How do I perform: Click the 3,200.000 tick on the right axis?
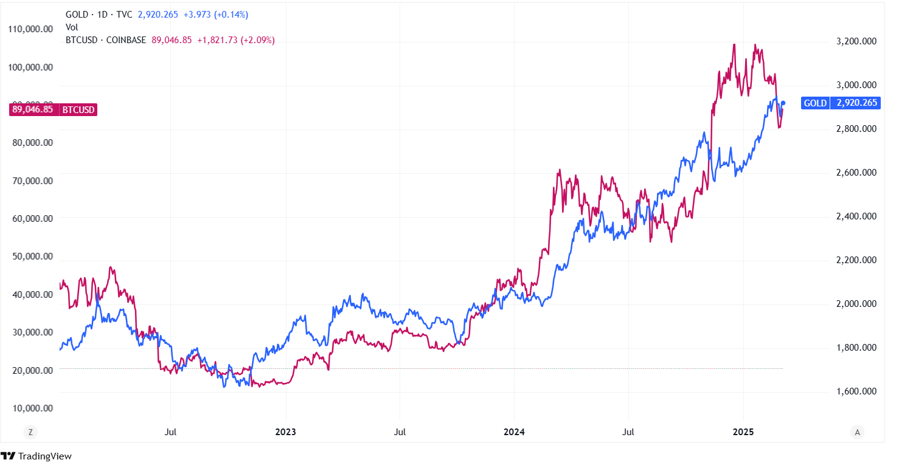point(853,41)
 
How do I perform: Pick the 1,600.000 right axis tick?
point(853,391)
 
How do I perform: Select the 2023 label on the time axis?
point(285,432)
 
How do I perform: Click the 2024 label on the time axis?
point(514,432)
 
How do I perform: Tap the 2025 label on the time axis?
point(743,432)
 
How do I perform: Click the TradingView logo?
point(36,456)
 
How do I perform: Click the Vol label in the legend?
point(72,27)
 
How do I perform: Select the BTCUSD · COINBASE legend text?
point(106,40)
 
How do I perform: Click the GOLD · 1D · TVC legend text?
point(99,15)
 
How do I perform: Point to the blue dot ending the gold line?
point(783,103)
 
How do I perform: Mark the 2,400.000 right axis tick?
point(853,216)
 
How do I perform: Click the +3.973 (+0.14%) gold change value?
point(216,15)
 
